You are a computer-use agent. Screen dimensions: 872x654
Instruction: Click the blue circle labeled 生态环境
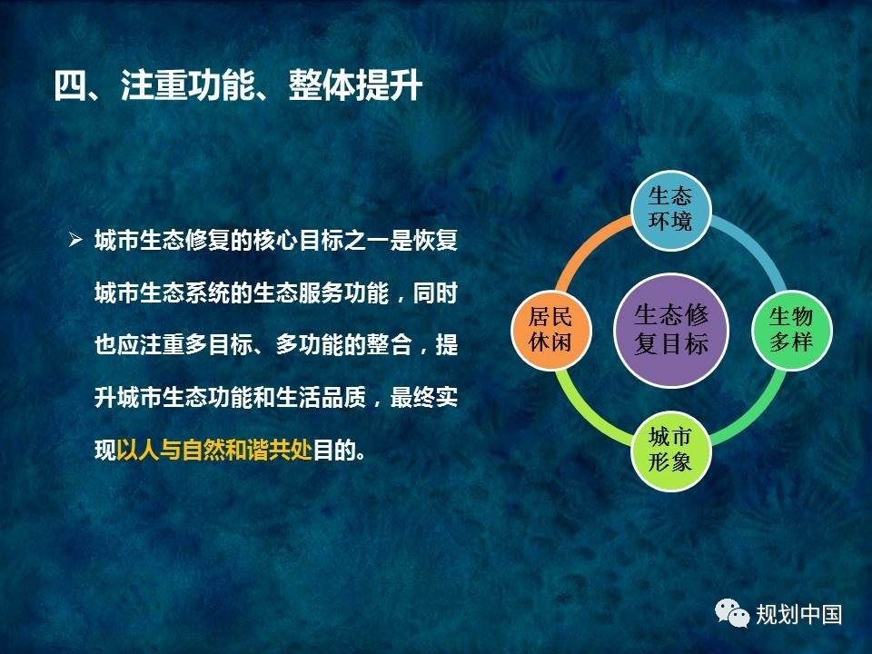pyautogui.click(x=671, y=210)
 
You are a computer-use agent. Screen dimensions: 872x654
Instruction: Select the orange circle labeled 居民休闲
pyautogui.click(x=551, y=331)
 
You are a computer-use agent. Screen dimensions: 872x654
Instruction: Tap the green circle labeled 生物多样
pyautogui.click(x=791, y=331)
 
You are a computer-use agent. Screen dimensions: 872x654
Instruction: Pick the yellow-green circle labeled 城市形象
pyautogui.click(x=671, y=451)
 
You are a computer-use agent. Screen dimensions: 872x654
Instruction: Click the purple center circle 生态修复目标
pyautogui.click(x=671, y=331)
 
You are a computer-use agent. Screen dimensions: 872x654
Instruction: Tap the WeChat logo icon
pyautogui.click(x=732, y=613)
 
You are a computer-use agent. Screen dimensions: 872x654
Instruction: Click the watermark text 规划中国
pyautogui.click(x=798, y=615)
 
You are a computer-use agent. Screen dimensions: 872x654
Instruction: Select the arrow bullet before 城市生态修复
pyautogui.click(x=75, y=240)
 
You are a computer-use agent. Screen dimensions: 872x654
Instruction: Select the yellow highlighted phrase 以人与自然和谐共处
pyautogui.click(x=214, y=450)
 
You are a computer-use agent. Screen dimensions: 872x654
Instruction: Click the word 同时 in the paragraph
pyautogui.click(x=435, y=292)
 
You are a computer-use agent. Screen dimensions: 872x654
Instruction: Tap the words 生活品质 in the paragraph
pyautogui.click(x=321, y=397)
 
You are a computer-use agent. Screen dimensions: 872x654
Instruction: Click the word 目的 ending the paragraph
pyautogui.click(x=335, y=450)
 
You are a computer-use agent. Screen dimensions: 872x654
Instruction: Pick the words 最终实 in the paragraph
pyautogui.click(x=424, y=397)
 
